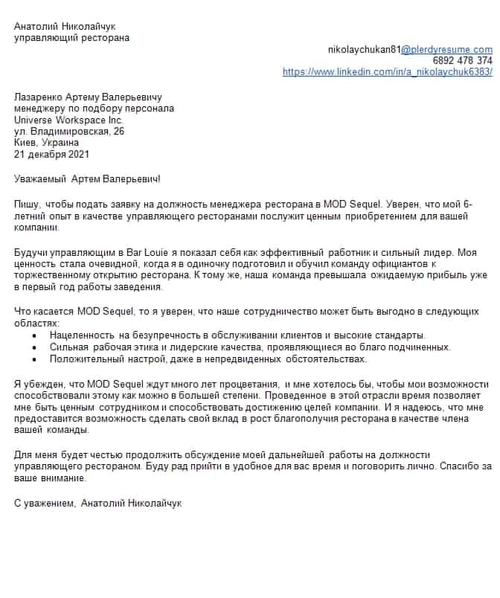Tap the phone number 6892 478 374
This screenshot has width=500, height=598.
pyautogui.click(x=462, y=60)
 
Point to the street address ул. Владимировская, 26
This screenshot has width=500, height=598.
pyautogui.click(x=69, y=131)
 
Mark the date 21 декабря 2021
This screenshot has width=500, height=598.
pyautogui.click(x=51, y=154)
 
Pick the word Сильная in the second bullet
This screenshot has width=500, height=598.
pyautogui.click(x=68, y=347)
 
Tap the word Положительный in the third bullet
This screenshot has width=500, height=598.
pyautogui.click(x=84, y=359)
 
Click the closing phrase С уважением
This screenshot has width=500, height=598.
pyautogui.click(x=44, y=504)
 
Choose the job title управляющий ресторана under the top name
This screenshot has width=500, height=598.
pyautogui.click(x=71, y=37)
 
